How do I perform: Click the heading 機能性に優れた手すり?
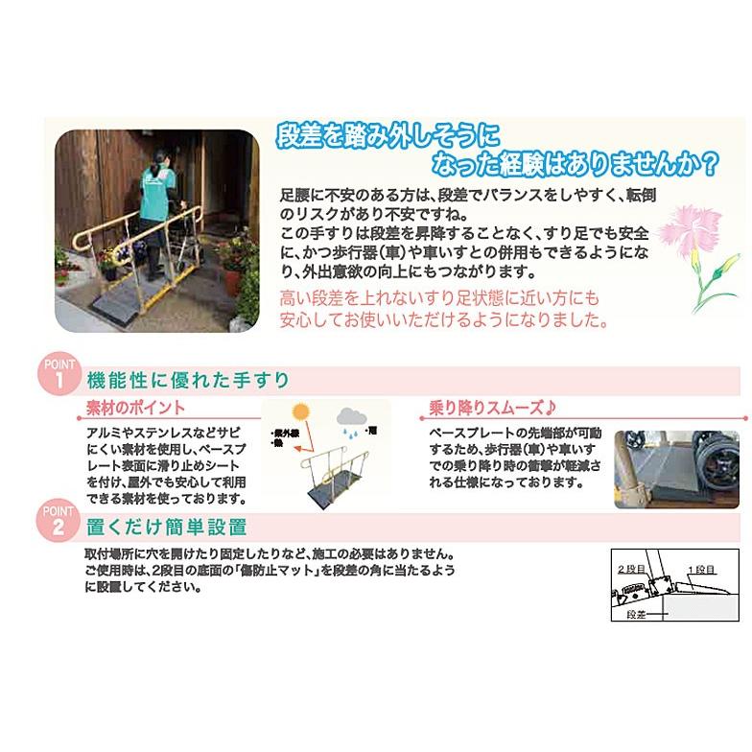click(188, 379)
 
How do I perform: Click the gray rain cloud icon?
click(350, 417)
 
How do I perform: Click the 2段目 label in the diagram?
click(633, 568)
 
